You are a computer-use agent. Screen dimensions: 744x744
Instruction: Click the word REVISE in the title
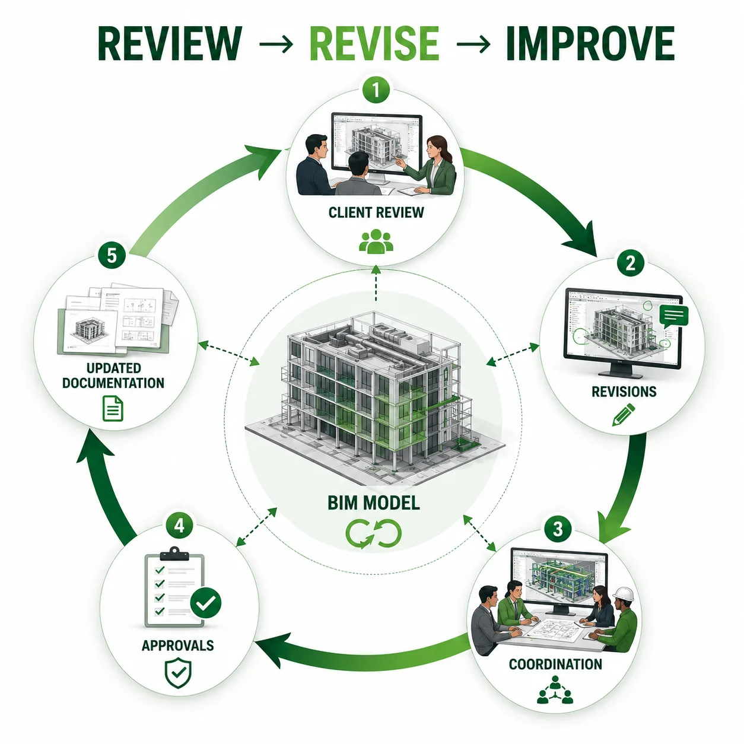point(374,44)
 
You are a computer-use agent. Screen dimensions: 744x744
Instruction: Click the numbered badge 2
point(630,263)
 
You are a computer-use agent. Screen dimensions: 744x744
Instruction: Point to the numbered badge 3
point(558,529)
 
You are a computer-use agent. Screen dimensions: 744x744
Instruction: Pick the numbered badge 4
point(179,526)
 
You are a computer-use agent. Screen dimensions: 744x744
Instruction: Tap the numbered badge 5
point(112,256)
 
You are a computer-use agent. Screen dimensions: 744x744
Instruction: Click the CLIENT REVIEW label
point(376,212)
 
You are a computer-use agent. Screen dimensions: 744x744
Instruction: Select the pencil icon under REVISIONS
point(623,415)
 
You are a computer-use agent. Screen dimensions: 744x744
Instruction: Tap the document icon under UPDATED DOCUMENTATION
point(113,408)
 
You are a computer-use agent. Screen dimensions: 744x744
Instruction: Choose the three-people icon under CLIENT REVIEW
point(376,241)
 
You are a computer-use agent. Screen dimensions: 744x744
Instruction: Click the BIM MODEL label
point(373,503)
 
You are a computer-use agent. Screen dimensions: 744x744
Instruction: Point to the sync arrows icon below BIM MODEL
point(373,534)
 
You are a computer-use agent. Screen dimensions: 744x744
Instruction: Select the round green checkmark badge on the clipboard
point(206,603)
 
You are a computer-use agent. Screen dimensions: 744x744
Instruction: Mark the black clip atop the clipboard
point(174,554)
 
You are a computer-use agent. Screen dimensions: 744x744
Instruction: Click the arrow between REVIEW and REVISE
point(276,44)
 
